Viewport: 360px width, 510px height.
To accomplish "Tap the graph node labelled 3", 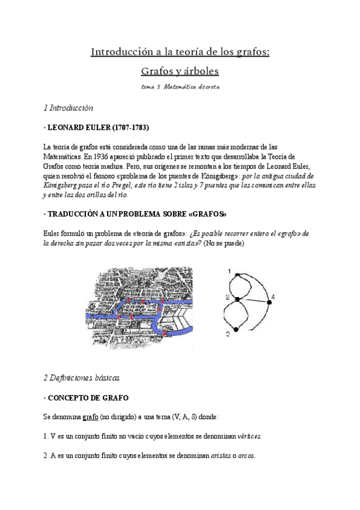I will (236, 329).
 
